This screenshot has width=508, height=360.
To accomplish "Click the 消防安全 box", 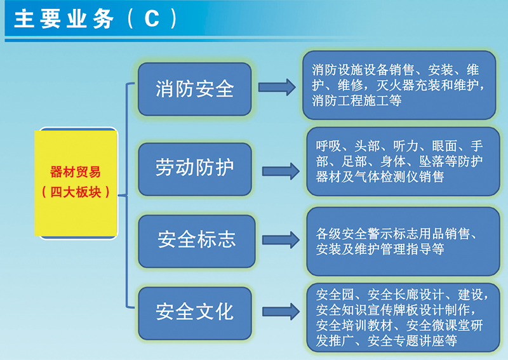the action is click(x=195, y=89).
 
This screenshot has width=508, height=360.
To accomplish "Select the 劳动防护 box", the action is click(x=195, y=169).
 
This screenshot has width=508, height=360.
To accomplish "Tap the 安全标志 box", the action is click(x=197, y=241).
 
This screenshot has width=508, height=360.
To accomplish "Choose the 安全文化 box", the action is click(x=195, y=313).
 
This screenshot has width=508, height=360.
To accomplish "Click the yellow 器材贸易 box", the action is click(x=76, y=183).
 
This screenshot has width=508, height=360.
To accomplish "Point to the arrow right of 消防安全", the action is click(x=277, y=87).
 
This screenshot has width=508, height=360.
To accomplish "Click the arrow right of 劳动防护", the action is click(x=281, y=171).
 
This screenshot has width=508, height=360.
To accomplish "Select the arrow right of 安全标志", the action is click(x=281, y=240).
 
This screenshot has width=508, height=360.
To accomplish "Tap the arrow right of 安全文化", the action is click(x=281, y=312).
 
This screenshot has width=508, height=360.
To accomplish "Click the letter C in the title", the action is click(x=152, y=18).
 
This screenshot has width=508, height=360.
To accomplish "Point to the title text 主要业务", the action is click(x=64, y=18).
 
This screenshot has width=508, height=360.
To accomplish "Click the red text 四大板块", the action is click(x=76, y=192).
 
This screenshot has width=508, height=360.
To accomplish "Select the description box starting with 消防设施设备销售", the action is click(x=399, y=85).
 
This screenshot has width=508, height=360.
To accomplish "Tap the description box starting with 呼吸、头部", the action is click(x=403, y=161).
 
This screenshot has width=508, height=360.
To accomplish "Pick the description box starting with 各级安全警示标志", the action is click(x=403, y=241).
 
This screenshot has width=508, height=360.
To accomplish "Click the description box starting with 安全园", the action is click(x=403, y=317).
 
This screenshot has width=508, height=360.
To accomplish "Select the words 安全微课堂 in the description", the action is click(x=438, y=325).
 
